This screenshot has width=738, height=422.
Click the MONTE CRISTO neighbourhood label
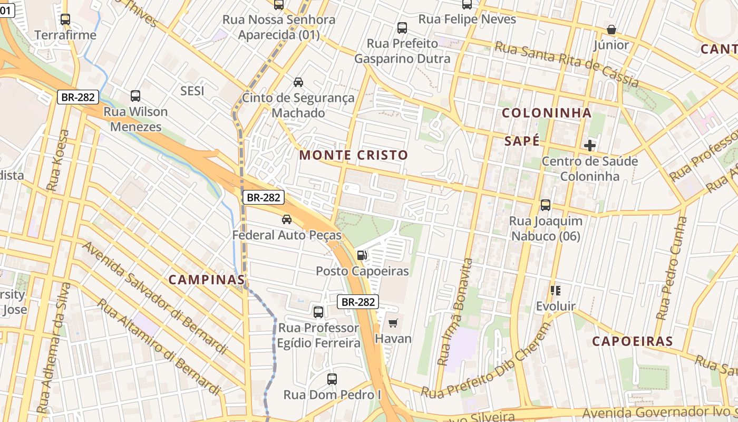click(x=354, y=155)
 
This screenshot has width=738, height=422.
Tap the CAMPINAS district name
click(x=207, y=280)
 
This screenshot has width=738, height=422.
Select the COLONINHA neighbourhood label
click(x=547, y=113)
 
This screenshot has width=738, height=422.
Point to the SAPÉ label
click(x=522, y=141)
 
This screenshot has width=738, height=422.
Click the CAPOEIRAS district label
click(x=633, y=341)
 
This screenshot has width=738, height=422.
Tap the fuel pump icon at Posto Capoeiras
click(x=362, y=255)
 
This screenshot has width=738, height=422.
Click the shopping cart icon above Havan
click(x=393, y=323)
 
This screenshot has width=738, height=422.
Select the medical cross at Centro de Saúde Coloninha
click(x=590, y=145)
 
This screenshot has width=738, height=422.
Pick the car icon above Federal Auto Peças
click(x=287, y=219)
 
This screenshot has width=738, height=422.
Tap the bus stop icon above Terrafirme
click(x=65, y=20)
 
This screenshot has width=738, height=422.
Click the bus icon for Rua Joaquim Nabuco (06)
click(x=546, y=205)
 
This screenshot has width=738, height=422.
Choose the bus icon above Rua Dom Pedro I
click(x=332, y=379)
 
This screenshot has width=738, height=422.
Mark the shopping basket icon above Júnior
click(x=611, y=30)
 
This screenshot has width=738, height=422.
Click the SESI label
click(x=192, y=91)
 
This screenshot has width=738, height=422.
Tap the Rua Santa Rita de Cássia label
click(x=567, y=64)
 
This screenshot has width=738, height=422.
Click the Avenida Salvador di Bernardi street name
click(x=154, y=298)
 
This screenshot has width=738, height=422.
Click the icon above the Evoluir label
click(x=555, y=290)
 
